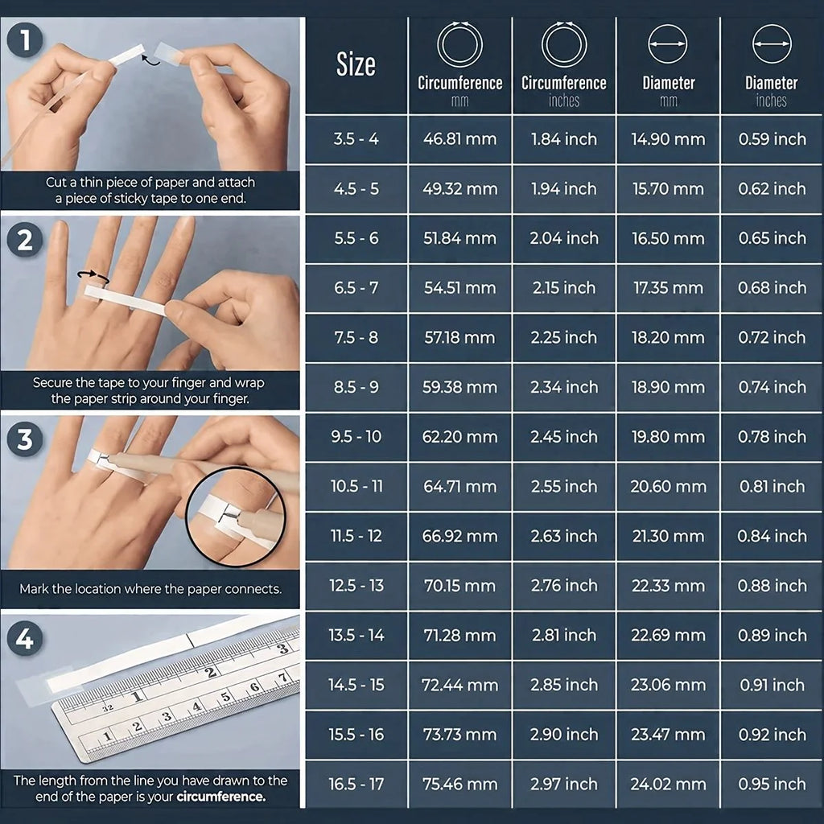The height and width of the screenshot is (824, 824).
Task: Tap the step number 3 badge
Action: (x=25, y=439)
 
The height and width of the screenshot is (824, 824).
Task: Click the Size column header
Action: (x=356, y=65)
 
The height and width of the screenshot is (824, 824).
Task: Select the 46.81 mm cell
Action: (x=459, y=139)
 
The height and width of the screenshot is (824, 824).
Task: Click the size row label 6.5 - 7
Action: (x=356, y=288)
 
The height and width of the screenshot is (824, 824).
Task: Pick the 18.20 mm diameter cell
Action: (x=668, y=338)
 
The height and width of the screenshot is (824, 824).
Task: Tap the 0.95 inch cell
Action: (x=772, y=784)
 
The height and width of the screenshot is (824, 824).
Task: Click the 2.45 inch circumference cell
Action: (x=563, y=437)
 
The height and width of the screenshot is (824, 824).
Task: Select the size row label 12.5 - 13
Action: (x=356, y=586)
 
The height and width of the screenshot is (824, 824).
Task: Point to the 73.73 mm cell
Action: (x=459, y=735)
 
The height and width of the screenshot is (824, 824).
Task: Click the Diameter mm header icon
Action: (x=668, y=44)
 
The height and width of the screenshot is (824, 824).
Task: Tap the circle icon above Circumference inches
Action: (x=563, y=44)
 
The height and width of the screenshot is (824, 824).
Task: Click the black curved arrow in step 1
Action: (x=149, y=58)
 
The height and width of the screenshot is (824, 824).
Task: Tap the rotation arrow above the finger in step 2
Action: (x=93, y=276)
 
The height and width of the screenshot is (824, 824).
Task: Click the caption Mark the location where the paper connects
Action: (x=150, y=589)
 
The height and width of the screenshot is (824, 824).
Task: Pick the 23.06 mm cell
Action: (x=668, y=685)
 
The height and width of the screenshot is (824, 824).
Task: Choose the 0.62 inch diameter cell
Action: (x=772, y=189)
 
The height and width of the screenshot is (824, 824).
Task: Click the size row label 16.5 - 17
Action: (x=356, y=784)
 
